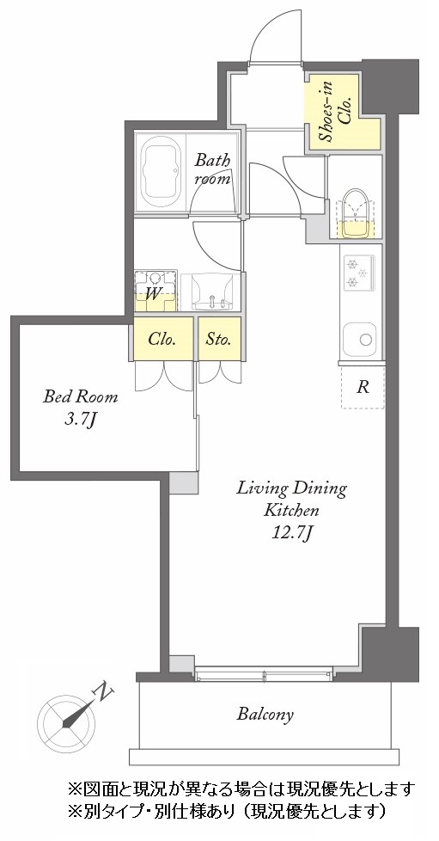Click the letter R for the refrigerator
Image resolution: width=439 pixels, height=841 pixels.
tap(363, 388)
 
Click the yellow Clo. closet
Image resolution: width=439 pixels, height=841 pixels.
tap(163, 339)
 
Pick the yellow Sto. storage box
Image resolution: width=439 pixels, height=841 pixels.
tap(219, 339)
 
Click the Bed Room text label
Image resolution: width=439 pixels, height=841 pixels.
tap(81, 397)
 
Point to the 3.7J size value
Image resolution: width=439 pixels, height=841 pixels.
tap(81, 420)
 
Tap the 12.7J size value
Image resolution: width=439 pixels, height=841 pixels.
tap(292, 532)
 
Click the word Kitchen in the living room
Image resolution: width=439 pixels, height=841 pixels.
tap(291, 510)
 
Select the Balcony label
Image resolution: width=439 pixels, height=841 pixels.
tap(265, 715)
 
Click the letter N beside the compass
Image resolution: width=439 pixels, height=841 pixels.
tap(103, 693)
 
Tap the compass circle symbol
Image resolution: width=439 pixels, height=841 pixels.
tap(66, 723)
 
